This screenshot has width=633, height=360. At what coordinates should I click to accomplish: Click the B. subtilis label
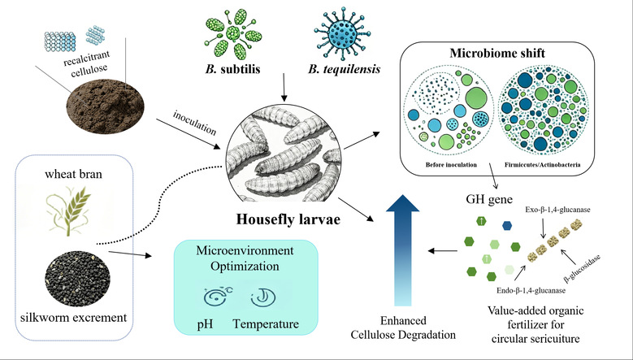tap(232, 69)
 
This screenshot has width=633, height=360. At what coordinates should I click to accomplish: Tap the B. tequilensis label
tap(344, 69)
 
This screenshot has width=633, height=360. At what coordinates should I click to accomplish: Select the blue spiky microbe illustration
tap(342, 33)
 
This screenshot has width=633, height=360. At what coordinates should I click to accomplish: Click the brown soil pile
tap(106, 106)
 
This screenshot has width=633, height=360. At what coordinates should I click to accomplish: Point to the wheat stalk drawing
tap(67, 210)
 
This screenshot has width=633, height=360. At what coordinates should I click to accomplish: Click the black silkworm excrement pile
tap(77, 278)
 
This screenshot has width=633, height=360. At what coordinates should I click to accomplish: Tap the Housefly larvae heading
tap(288, 219)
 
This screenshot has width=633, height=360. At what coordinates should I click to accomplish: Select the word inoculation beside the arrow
tap(194, 123)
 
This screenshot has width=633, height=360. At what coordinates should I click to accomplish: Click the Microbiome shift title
tap(497, 53)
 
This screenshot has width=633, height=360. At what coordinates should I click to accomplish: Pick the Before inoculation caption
tap(451, 165)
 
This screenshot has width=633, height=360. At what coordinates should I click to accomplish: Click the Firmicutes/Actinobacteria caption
tap(542, 165)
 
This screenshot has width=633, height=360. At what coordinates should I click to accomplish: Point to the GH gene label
tap(489, 199)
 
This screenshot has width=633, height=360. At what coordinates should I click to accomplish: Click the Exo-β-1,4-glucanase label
tap(557, 210)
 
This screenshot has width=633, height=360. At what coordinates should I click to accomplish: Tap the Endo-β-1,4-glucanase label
tap(531, 290)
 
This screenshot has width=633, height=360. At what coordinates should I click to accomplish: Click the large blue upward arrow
tap(403, 250)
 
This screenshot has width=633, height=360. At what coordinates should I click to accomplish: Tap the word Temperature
tap(266, 323)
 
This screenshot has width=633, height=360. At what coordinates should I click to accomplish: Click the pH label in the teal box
tap(205, 324)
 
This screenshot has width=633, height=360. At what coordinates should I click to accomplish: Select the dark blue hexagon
tap(507, 226)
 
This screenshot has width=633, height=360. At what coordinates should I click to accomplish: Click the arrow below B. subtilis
tap(284, 87)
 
